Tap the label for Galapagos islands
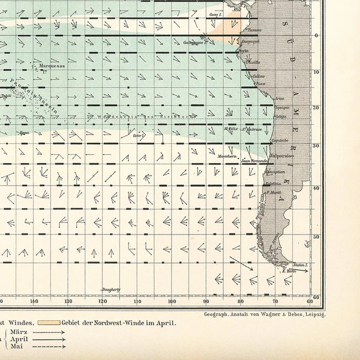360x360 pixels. [x=194, y=43]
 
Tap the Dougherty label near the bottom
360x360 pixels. [x=111, y=289]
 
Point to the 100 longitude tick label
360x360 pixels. [x=172, y=301]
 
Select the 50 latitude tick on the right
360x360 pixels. [x=317, y=238]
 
